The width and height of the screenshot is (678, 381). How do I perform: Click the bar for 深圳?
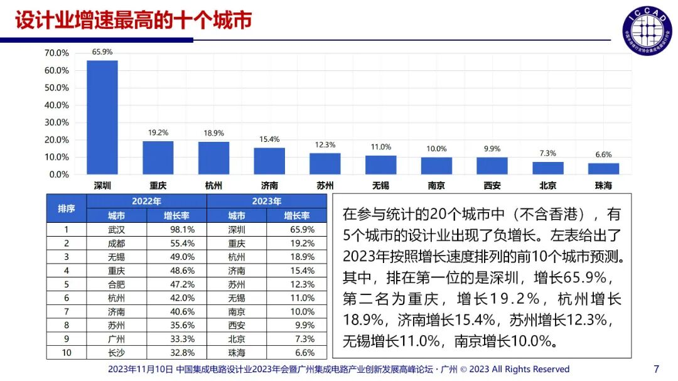(102, 117)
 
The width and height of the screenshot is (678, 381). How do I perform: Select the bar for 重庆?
(158, 158)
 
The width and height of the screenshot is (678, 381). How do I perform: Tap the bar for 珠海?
(603, 168)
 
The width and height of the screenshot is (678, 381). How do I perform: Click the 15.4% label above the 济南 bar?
(269, 139)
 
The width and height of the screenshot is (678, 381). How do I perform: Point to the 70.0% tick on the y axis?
(56, 53)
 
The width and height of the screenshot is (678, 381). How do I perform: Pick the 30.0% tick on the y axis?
(56, 122)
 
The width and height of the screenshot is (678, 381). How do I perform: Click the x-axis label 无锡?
(380, 186)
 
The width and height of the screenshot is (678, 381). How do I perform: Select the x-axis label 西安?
(492, 186)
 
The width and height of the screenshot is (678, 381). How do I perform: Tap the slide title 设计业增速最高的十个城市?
(133, 20)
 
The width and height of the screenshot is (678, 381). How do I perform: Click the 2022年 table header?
(146, 201)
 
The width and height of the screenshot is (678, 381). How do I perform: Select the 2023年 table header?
(266, 201)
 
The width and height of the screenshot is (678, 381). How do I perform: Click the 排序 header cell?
(67, 208)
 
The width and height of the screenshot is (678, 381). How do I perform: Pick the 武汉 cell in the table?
(116, 230)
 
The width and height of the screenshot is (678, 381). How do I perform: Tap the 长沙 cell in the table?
(116, 352)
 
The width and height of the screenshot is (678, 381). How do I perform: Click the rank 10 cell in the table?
(67, 352)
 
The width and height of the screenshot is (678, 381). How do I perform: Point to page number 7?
(656, 368)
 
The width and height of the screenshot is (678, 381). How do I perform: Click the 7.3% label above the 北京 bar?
(548, 153)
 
